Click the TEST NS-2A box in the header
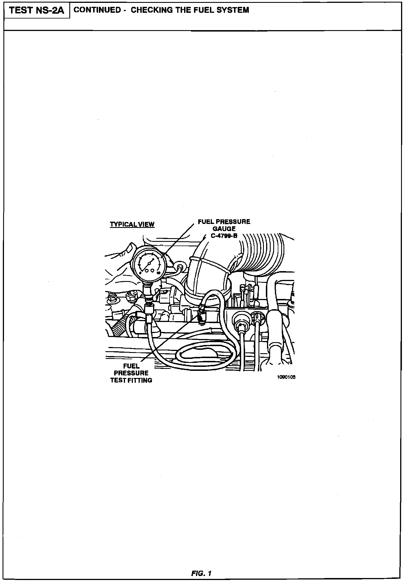[x=37, y=11]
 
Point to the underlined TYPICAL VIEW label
[x=132, y=224]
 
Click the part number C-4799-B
[x=224, y=235]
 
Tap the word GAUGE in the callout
[x=224, y=228]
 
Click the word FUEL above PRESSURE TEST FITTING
[x=131, y=366]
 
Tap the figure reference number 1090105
[x=286, y=377]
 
